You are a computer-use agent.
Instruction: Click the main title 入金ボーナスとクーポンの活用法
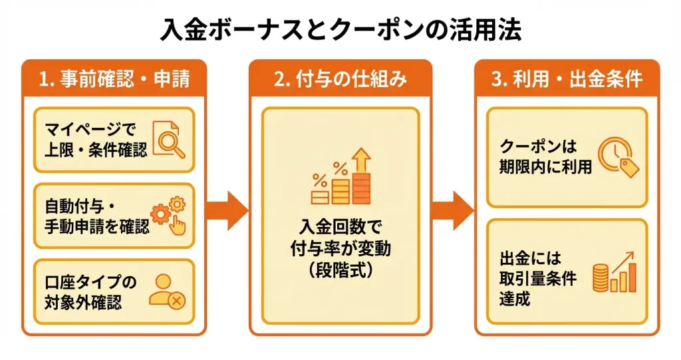tap(340, 31)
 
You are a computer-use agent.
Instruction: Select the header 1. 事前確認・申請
tap(114, 79)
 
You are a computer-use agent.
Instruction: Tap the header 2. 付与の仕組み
tap(340, 79)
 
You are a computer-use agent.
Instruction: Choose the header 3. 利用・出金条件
tap(567, 79)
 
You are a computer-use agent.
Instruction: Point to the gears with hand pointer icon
tap(170, 214)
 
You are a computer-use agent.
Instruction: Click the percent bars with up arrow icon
tap(340, 177)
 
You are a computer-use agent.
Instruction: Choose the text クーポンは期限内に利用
tap(545, 157)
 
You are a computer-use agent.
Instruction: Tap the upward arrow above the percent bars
tap(362, 159)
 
